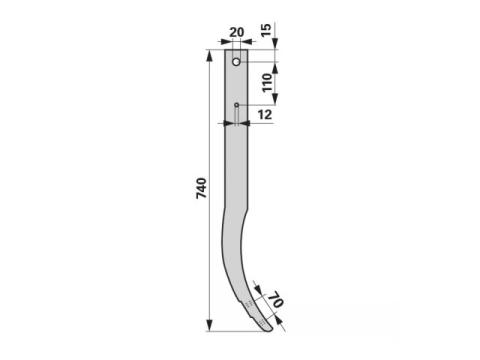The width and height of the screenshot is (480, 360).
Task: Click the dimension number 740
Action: pos(201,188)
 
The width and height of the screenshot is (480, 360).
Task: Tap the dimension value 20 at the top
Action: pos(237,32)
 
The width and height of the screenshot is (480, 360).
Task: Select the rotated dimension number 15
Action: pos(266,30)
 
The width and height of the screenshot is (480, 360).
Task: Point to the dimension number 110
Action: pos(267,83)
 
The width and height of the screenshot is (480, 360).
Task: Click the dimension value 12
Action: pos(265,115)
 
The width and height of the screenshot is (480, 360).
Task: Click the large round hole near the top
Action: pos(236,62)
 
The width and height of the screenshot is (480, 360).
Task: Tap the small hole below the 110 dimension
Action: pos(236,105)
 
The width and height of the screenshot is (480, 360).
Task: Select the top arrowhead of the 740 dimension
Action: pos(209,56)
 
